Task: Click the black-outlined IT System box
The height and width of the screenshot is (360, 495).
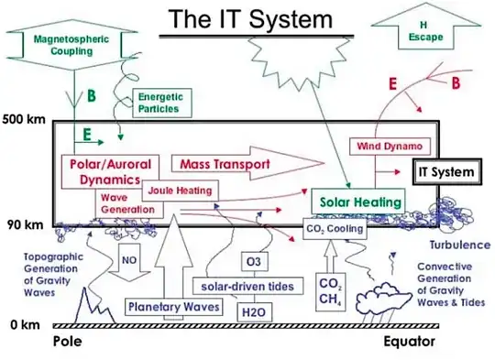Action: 445,171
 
